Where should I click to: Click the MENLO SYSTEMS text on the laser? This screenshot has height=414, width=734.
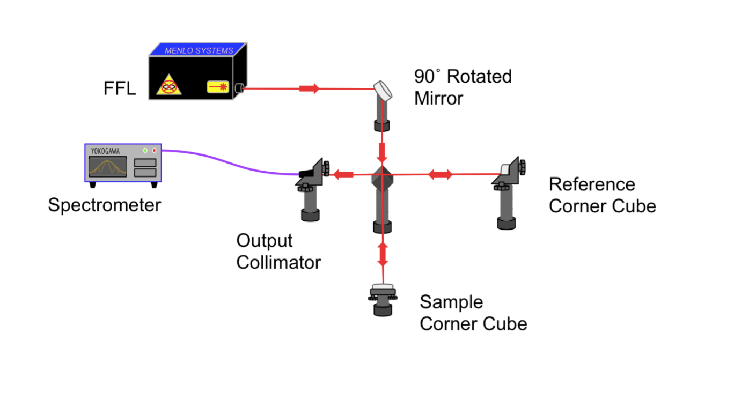click(199, 50)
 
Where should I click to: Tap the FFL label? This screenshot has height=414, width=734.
click(119, 88)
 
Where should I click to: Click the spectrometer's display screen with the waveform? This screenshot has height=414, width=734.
click(108, 167)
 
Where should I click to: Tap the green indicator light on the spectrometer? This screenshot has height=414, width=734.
click(145, 151)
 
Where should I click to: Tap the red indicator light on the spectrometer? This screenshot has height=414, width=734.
click(155, 151)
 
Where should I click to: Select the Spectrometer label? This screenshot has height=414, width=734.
click(104, 205)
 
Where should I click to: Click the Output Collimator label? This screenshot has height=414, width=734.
click(278, 252)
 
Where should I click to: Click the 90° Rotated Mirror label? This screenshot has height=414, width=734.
click(463, 87)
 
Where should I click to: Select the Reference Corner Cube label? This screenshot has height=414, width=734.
click(602, 195)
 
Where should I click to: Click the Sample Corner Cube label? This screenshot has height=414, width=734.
click(473, 313)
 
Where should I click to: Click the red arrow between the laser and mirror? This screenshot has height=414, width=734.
click(309, 88)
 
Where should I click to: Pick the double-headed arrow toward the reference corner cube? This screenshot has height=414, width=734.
click(440, 174)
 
